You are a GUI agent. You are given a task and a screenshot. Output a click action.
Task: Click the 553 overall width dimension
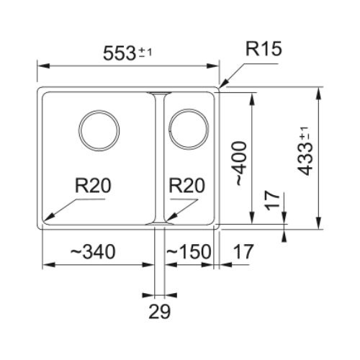point(120,53)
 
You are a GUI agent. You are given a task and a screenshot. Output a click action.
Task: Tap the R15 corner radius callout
point(264,49)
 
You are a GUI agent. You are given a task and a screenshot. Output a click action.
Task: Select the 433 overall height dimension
point(305,159)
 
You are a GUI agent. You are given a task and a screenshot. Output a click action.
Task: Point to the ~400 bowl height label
point(241,164)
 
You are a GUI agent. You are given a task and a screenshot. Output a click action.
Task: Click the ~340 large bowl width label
point(93,251)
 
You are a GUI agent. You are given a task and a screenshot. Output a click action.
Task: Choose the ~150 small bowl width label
point(189,251)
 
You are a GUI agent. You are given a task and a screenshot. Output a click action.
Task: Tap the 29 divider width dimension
point(160,311)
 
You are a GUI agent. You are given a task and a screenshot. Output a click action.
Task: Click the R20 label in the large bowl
point(93,186)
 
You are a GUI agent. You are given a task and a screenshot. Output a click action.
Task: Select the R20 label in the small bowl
point(187,186)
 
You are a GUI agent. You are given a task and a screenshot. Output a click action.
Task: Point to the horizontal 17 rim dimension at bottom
point(243,251)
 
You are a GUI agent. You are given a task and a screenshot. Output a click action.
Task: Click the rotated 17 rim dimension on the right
point(273,200)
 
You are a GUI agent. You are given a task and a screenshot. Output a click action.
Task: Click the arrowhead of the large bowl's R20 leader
point(49,217)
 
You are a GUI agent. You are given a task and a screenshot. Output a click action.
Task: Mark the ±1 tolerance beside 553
point(146,52)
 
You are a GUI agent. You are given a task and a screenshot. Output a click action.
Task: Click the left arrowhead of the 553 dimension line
point(44,66)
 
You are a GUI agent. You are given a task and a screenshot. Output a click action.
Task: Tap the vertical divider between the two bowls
point(160,158)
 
